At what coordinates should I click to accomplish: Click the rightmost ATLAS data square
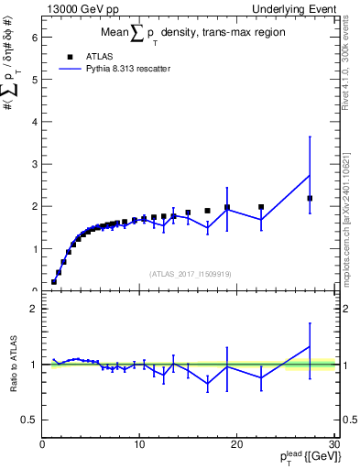pos(310,198)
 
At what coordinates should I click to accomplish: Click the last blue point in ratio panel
pos(310,346)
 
